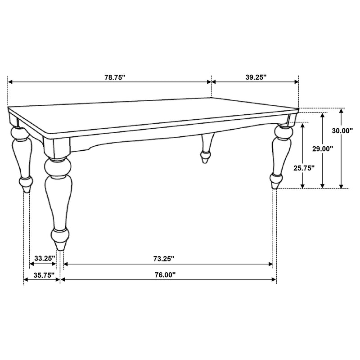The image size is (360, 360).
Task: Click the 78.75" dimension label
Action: pyautogui.click(x=115, y=77)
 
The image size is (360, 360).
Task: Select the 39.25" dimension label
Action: pyautogui.click(x=256, y=77)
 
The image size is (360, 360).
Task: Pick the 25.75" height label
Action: pyautogui.click(x=303, y=168)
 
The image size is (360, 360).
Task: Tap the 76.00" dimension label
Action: pyautogui.click(x=164, y=274)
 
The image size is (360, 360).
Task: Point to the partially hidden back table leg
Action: pyautogui.click(x=207, y=148)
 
